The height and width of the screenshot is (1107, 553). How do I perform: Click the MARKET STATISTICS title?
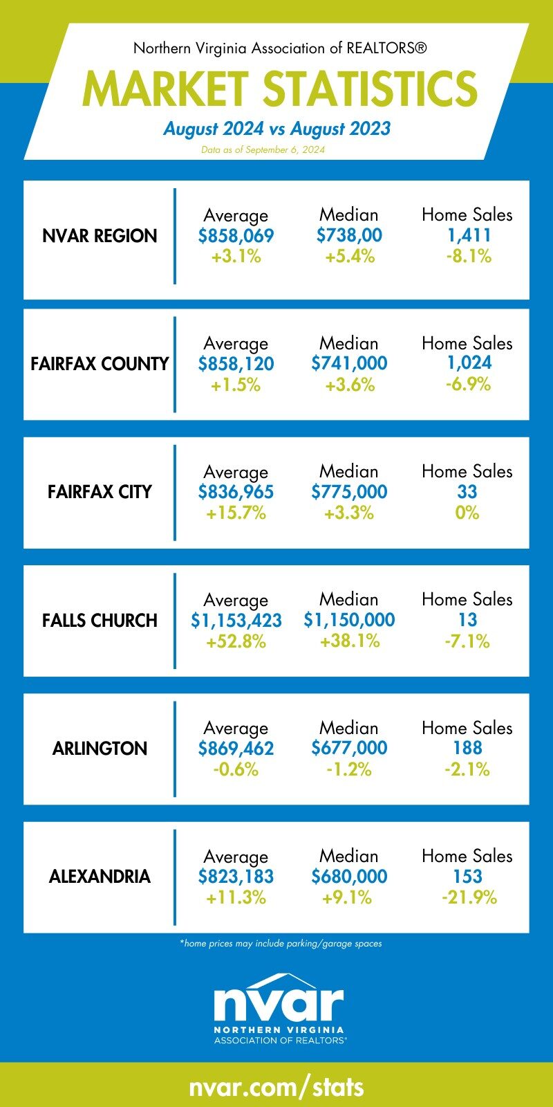pyautogui.click(x=279, y=89)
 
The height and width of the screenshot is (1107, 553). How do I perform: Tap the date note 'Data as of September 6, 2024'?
pyautogui.click(x=263, y=149)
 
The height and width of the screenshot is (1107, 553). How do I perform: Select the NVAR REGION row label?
pyautogui.click(x=100, y=236)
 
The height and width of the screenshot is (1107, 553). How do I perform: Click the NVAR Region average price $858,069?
pyautogui.click(x=236, y=236)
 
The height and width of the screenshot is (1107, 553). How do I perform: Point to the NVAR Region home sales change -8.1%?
pyautogui.click(x=467, y=257)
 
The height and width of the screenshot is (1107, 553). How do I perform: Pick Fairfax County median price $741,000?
pyautogui.click(x=349, y=364)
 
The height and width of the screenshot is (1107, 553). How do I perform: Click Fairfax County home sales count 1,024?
pyautogui.click(x=469, y=363)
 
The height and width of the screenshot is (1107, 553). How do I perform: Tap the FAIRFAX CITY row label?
pyautogui.click(x=100, y=492)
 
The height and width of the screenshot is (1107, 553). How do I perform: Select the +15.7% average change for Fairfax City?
pyautogui.click(x=236, y=513)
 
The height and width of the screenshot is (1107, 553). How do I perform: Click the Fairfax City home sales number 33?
pyautogui.click(x=467, y=492)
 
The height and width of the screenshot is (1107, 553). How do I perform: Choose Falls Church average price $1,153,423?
pyautogui.click(x=236, y=621)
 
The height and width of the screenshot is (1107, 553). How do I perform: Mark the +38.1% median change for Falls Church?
pyautogui.click(x=349, y=641)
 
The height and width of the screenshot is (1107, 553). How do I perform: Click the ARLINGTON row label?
pyautogui.click(x=100, y=749)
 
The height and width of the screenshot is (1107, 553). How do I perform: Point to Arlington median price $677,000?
pyautogui.click(x=349, y=749)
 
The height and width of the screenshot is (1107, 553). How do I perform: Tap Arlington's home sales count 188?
pyautogui.click(x=467, y=749)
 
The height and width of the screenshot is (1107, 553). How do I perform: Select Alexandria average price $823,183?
pyautogui.click(x=236, y=877)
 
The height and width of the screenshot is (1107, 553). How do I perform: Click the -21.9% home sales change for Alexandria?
pyautogui.click(x=469, y=898)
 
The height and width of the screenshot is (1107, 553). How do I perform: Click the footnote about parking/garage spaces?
pyautogui.click(x=280, y=943)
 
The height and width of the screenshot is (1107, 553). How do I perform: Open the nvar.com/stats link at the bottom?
pyautogui.click(x=276, y=1086)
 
